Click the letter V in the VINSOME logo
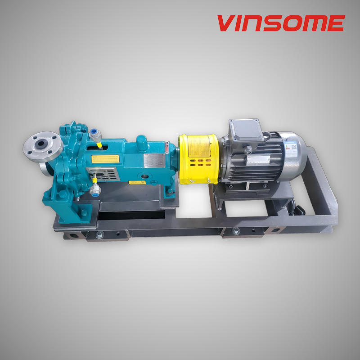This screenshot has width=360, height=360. coord(226,23)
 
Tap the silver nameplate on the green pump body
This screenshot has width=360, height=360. coord(155,160)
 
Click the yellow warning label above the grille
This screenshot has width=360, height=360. coord(105,158)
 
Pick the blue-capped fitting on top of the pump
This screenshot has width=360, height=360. coord(95,134)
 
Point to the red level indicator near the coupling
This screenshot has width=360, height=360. coord(167,144)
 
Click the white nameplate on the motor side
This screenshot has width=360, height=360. coord(262,159)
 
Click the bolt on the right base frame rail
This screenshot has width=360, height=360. coord(236,230)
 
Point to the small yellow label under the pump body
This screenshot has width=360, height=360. coord(135,183)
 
